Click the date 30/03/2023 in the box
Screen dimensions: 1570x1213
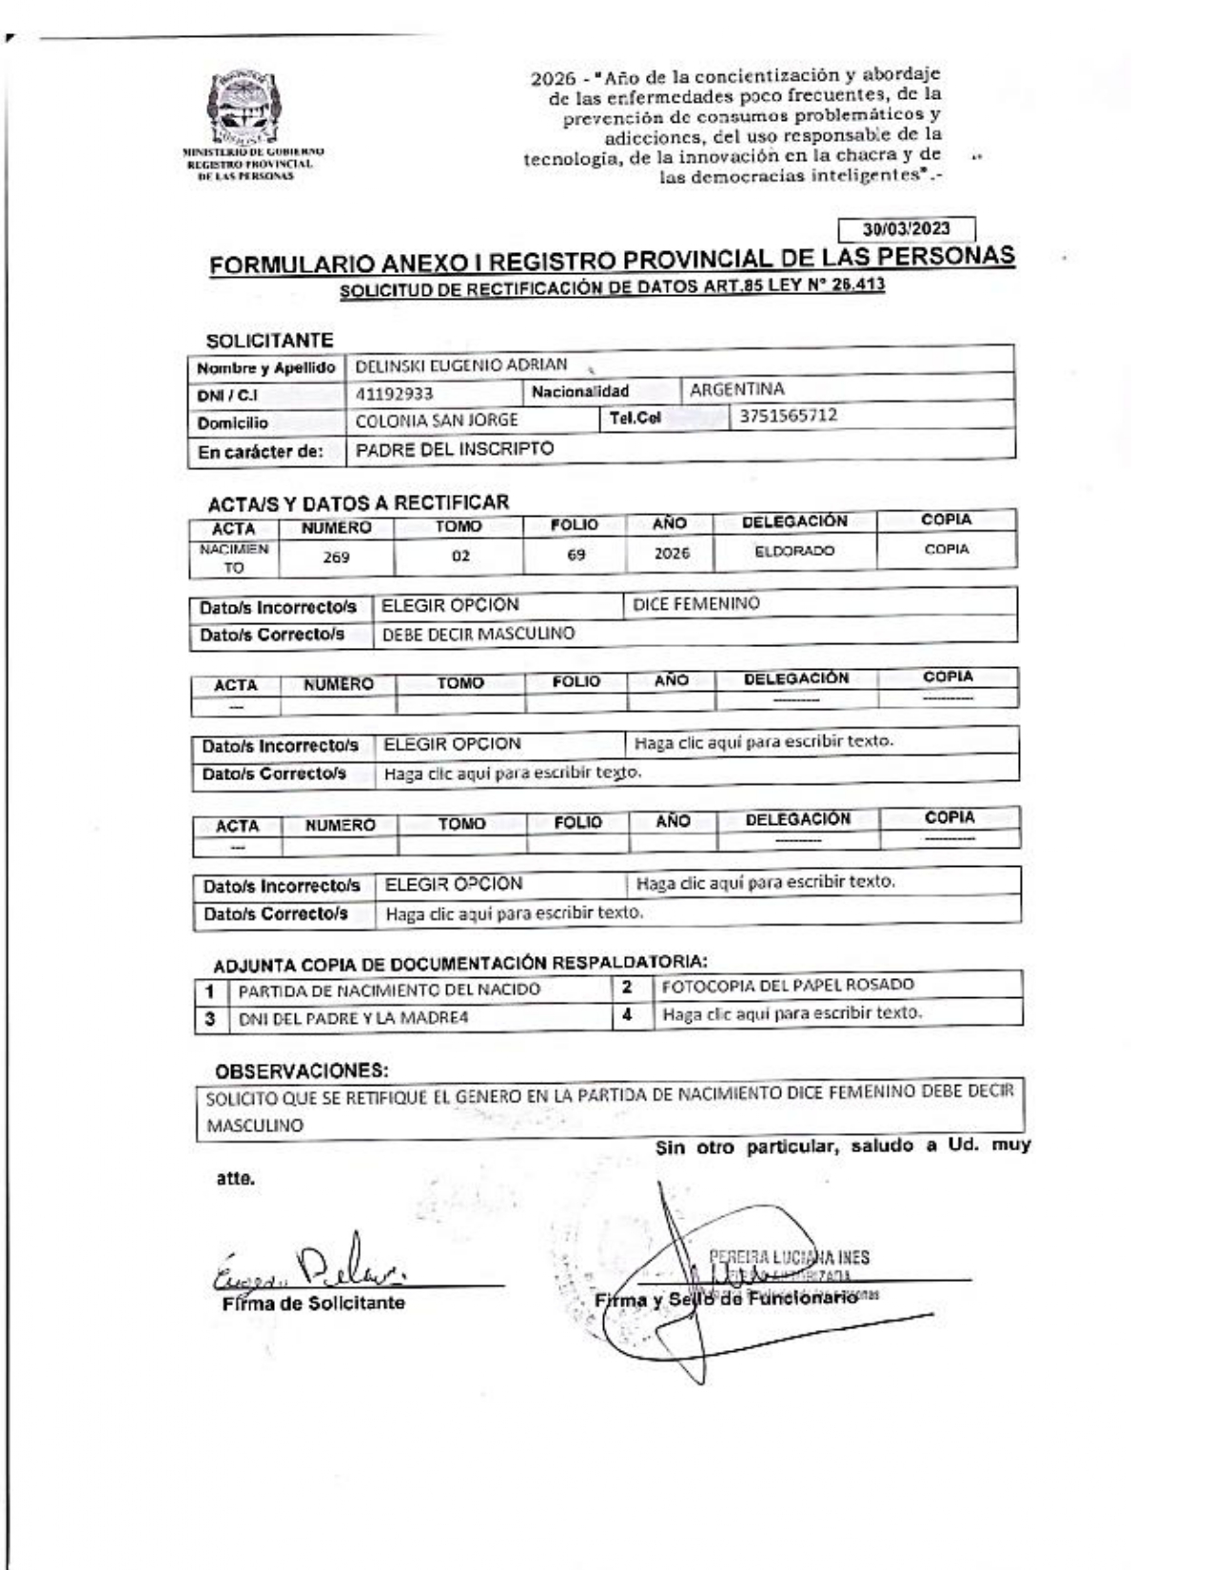pyautogui.click(x=906, y=228)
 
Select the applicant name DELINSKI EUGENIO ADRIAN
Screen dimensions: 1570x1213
pyautogui.click(x=460, y=364)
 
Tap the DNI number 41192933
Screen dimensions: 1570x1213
pyautogui.click(x=394, y=394)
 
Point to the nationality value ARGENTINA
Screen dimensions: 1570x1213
pyautogui.click(x=736, y=389)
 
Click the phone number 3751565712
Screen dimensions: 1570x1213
pyautogui.click(x=789, y=416)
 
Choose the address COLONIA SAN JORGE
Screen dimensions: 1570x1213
pyautogui.click(x=436, y=420)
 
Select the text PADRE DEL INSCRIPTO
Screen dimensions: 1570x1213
pyautogui.click(x=454, y=449)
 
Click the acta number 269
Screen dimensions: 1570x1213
pyautogui.click(x=336, y=558)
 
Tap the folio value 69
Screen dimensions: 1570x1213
pyautogui.click(x=576, y=555)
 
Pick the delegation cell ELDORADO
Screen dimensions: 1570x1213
pyautogui.click(x=794, y=551)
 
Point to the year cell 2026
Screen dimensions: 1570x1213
pyautogui.click(x=672, y=554)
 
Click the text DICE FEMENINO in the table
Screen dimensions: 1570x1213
pyautogui.click(x=695, y=603)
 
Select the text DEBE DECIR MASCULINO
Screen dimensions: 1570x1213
pyautogui.click(x=478, y=634)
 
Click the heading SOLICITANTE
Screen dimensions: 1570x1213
pyautogui.click(x=269, y=341)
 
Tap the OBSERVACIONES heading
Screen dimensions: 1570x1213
pyautogui.click(x=302, y=1070)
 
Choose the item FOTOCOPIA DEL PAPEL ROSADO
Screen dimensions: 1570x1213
pyautogui.click(x=788, y=985)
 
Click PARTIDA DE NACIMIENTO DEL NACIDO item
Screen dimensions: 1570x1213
pyautogui.click(x=388, y=990)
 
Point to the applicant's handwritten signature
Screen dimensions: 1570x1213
pyautogui.click(x=314, y=1266)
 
